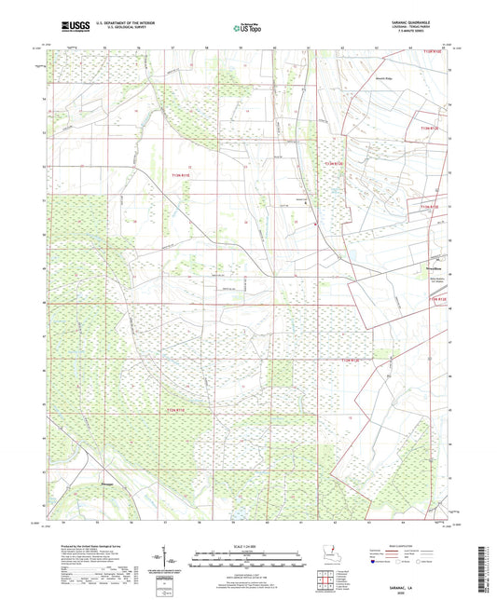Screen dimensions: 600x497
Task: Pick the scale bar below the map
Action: pyautogui.click(x=248, y=562)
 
